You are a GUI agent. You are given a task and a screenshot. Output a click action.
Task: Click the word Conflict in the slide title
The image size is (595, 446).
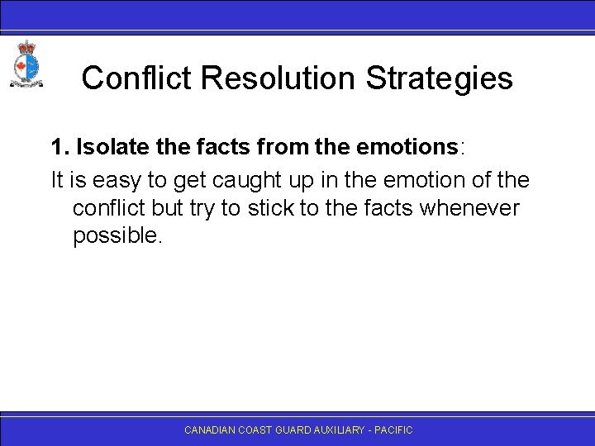[137, 78]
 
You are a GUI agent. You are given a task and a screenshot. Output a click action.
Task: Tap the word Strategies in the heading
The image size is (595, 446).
[439, 78]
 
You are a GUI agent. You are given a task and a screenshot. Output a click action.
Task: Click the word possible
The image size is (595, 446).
[119, 237]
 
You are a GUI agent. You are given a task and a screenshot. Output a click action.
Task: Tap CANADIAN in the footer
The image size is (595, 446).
[210, 430]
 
